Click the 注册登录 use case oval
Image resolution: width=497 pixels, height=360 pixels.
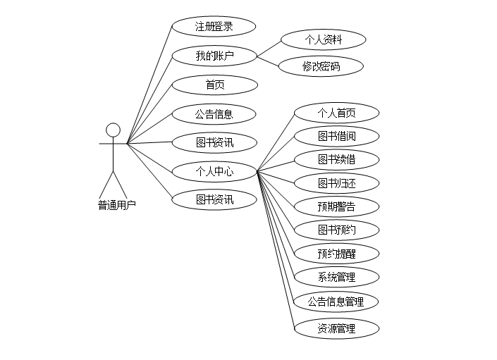214,27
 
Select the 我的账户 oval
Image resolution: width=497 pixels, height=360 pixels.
214,56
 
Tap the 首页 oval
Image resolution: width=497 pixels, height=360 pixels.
214,85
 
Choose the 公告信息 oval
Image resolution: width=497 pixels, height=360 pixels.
214,113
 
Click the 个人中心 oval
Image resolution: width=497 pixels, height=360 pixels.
214,170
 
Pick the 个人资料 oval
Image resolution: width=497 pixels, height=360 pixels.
323,39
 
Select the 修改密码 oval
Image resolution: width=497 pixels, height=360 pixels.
321,67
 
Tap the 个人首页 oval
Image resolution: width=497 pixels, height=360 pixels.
336,113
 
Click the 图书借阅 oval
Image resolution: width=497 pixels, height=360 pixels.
336,136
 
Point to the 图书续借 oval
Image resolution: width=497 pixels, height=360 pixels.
336,159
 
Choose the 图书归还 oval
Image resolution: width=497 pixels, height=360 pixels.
336,183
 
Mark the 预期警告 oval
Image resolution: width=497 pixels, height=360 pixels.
336,206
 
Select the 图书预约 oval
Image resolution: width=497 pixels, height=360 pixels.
336,230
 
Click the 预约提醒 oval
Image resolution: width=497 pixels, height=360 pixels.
336,254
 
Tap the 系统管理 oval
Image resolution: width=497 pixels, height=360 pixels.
336,277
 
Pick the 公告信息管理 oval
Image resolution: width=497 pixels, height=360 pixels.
336,302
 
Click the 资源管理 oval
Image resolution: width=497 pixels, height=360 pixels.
336,328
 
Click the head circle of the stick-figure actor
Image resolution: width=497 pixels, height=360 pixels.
113,130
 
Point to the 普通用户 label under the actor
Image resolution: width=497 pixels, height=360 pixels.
116,205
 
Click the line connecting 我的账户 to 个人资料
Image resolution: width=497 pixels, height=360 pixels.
268,48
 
